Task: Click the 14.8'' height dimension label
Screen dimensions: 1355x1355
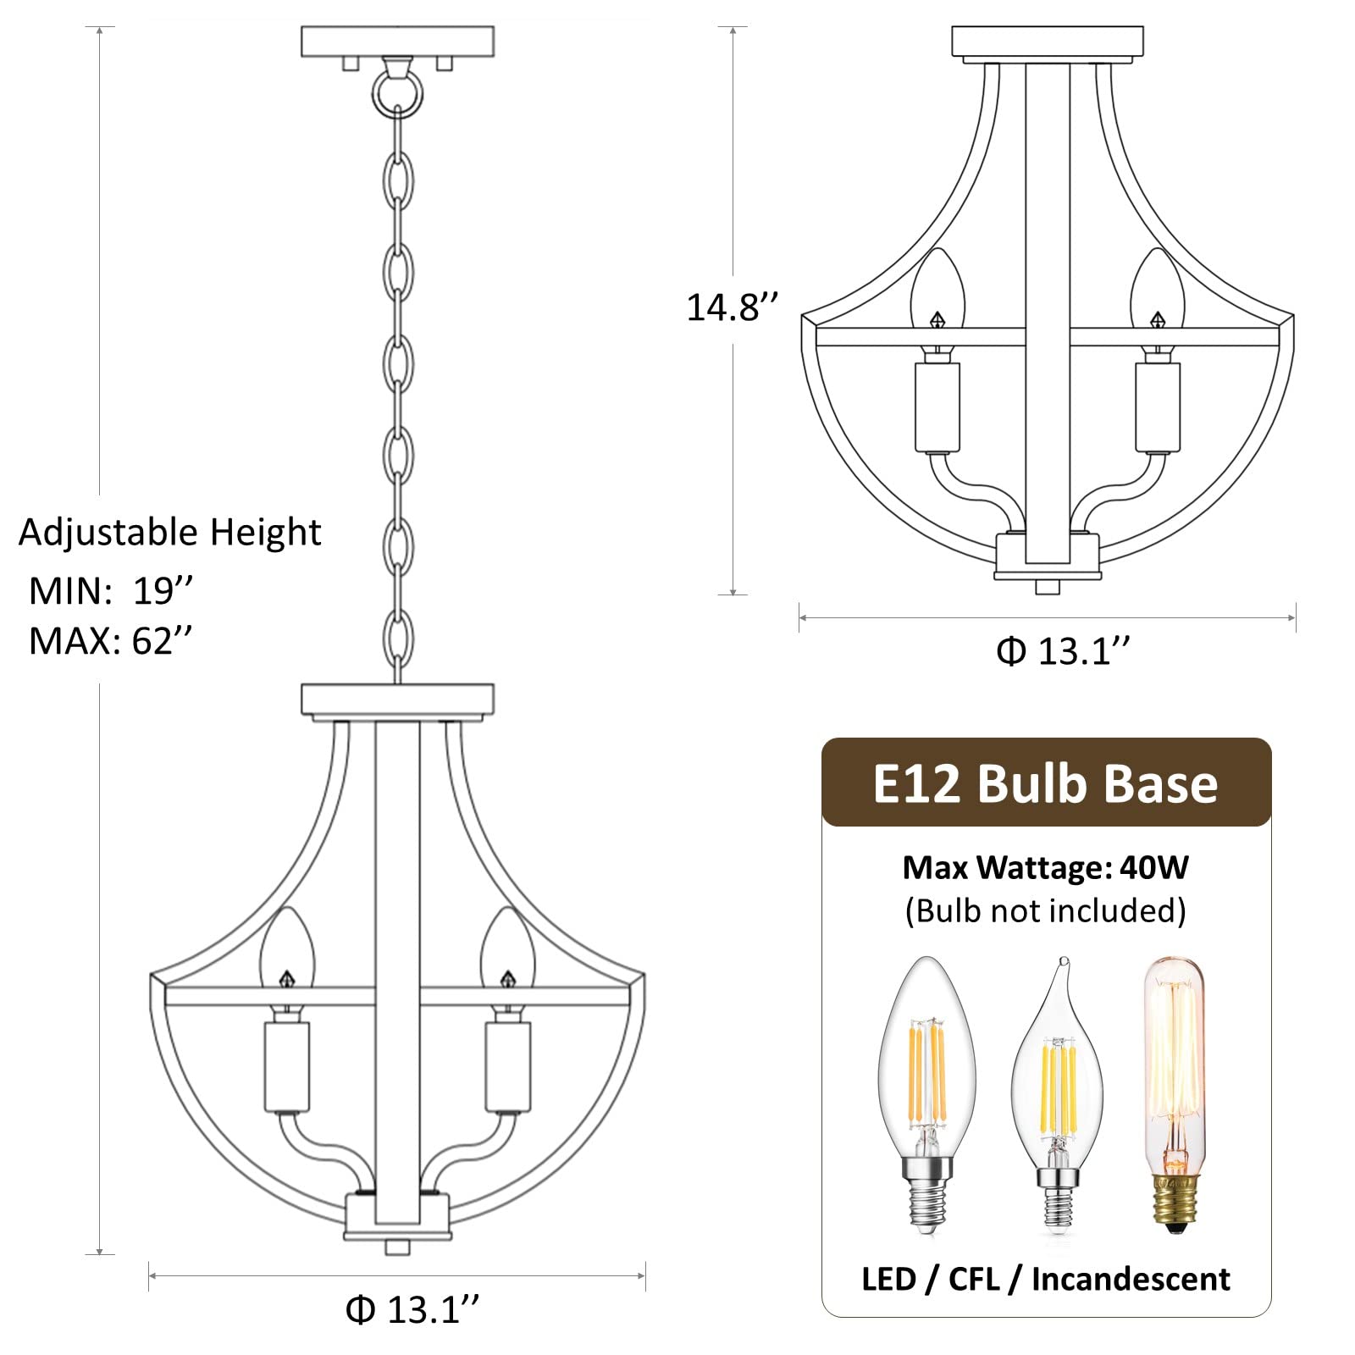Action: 731,307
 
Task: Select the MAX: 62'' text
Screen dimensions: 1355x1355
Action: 110,641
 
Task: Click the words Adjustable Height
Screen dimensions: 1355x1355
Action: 169,533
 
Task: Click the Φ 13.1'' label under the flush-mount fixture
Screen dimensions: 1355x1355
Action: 1063,651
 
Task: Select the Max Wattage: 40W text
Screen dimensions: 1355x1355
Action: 1045,867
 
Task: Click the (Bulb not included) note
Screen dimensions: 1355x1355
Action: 1045,910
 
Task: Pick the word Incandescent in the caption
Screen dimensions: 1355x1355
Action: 1131,1279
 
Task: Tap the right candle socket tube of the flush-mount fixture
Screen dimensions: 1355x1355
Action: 1157,408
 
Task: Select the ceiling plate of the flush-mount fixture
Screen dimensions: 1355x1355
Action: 1047,41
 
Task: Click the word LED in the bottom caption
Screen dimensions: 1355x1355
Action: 888,1279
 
